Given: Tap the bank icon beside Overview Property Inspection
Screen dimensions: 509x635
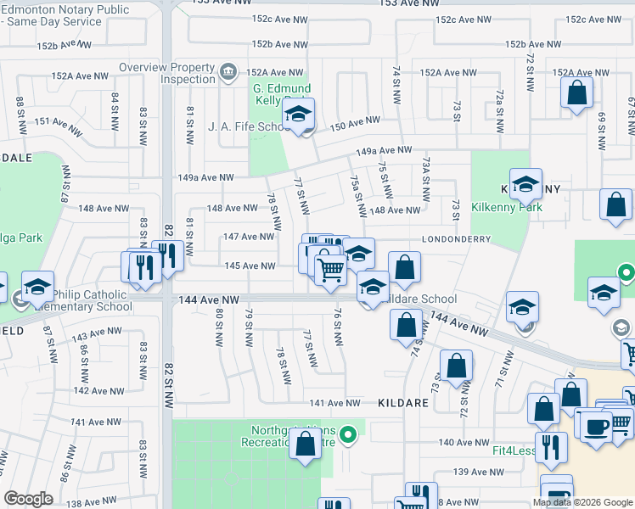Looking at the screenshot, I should [x=228, y=73].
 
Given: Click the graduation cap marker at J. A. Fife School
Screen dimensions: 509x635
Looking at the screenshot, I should [x=298, y=116].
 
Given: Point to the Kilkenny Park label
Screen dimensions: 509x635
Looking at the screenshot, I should [x=507, y=206].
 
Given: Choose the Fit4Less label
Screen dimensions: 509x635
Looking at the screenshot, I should [x=512, y=450].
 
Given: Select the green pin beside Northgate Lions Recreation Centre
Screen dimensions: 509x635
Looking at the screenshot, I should [x=346, y=436].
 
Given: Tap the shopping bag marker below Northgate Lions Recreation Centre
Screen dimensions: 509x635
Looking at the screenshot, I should [x=305, y=445].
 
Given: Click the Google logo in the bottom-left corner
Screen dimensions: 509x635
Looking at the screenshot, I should [x=28, y=499].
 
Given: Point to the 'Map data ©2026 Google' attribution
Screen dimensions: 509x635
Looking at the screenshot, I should [x=583, y=502].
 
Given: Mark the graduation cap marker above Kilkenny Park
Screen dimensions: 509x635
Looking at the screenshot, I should [x=525, y=185].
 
